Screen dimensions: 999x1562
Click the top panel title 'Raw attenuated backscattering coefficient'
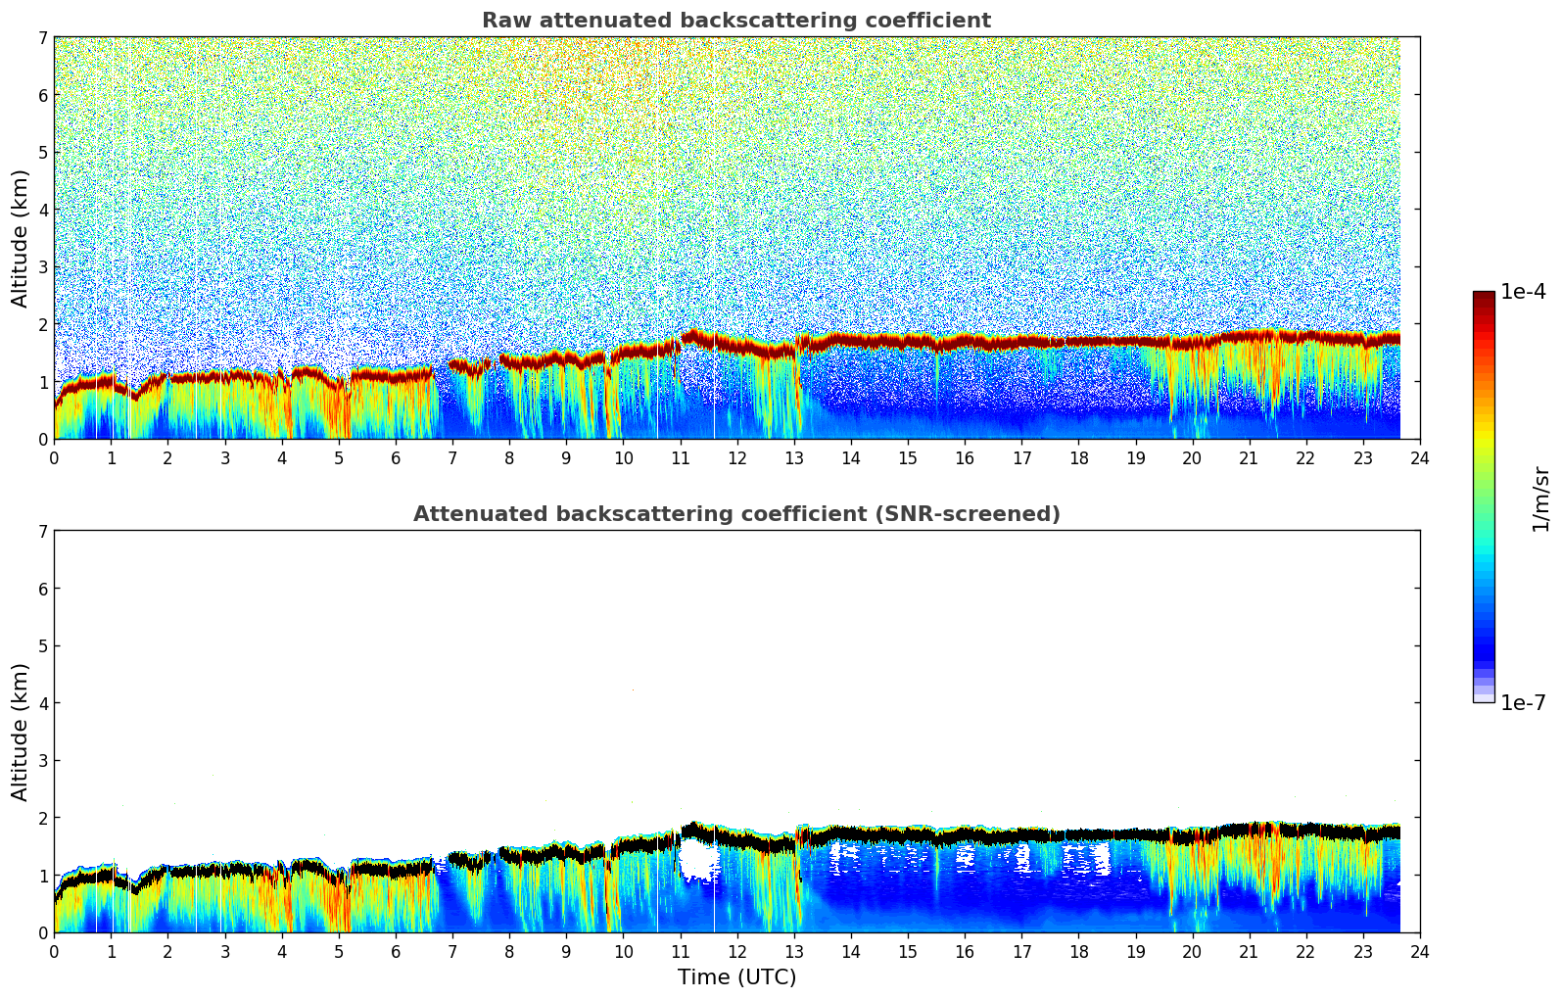pos(735,21)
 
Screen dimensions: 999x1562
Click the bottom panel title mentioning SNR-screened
pos(735,514)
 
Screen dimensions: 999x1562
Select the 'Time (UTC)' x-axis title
pos(736,977)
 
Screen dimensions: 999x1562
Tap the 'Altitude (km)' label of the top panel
pos(21,238)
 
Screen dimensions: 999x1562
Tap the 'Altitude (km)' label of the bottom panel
pos(21,732)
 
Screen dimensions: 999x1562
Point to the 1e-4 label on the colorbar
pos(1523,292)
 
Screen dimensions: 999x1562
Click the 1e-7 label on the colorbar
pos(1523,703)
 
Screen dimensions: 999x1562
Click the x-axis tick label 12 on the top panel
pos(736,458)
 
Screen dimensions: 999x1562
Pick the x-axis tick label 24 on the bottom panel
pos(1420,952)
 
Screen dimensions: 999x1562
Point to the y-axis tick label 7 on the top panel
pos(42,38)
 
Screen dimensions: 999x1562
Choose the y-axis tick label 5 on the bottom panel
pos(42,646)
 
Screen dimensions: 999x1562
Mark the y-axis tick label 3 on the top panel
pos(42,267)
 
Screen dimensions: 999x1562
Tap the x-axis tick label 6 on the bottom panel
pos(396,952)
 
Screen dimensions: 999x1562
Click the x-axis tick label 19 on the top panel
pos(1135,458)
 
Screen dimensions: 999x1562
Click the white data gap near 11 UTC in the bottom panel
pos(698,860)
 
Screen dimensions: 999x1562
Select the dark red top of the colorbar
pos(1483,298)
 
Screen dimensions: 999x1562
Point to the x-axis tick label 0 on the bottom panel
pos(54,952)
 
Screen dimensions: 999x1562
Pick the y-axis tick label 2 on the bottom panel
pos(42,818)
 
